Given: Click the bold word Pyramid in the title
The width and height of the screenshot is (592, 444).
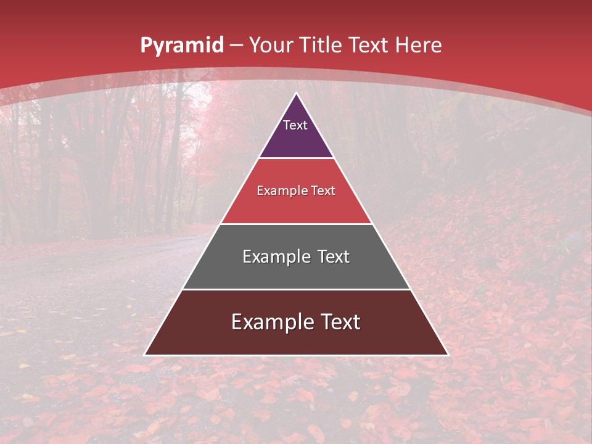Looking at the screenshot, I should [x=181, y=46].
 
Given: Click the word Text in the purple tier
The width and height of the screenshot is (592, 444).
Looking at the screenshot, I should [x=295, y=125].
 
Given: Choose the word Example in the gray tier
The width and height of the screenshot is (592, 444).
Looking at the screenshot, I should [x=275, y=257].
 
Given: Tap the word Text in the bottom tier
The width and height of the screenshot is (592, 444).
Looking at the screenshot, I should [x=339, y=322].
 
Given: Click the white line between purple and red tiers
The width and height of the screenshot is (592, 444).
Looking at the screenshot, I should [x=296, y=158].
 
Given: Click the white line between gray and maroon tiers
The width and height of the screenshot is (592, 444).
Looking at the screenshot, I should [x=296, y=289].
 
